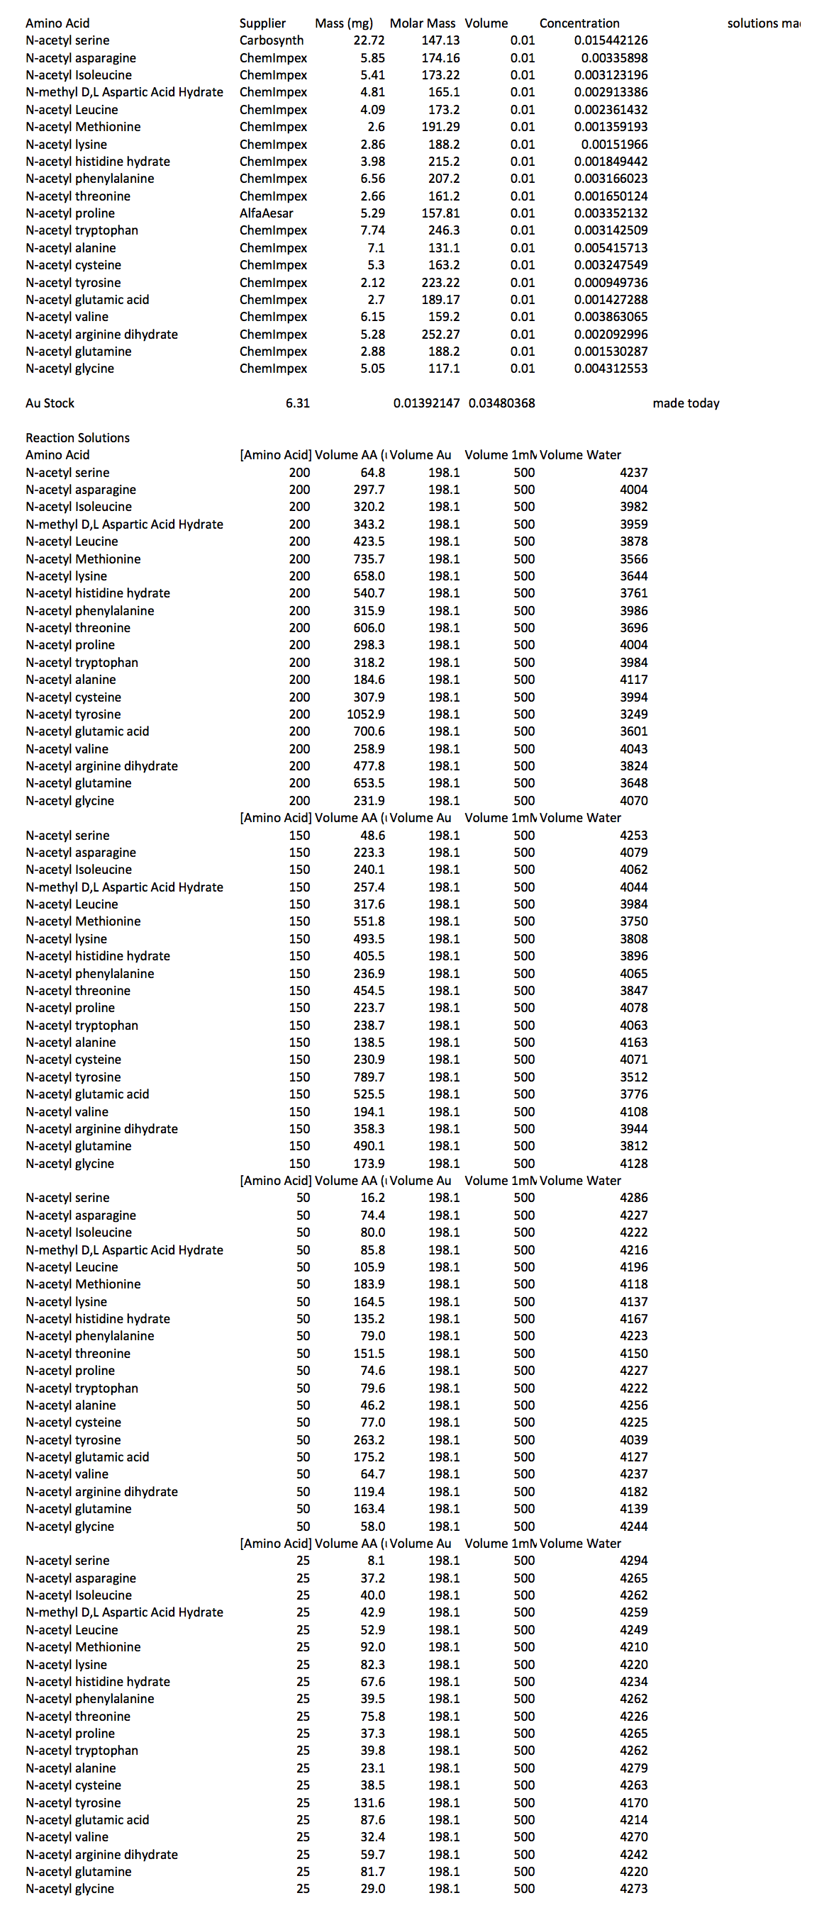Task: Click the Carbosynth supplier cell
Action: (x=272, y=40)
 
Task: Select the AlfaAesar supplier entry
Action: (x=266, y=213)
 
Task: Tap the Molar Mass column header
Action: (x=423, y=23)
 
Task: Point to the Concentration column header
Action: (x=579, y=23)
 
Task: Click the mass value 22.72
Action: (x=369, y=40)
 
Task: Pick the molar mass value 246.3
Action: (x=444, y=230)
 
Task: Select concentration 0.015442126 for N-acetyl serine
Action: (x=611, y=40)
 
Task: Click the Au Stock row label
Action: (x=50, y=403)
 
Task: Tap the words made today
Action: (x=686, y=403)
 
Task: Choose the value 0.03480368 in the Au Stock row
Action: (x=501, y=403)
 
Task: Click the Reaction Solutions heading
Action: (x=77, y=438)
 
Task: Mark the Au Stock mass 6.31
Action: (x=297, y=403)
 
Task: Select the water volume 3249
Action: (x=634, y=714)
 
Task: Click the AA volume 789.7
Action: (x=369, y=1077)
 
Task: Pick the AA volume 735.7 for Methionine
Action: (x=369, y=559)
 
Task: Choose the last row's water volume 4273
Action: (x=634, y=1889)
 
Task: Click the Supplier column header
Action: (x=262, y=23)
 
